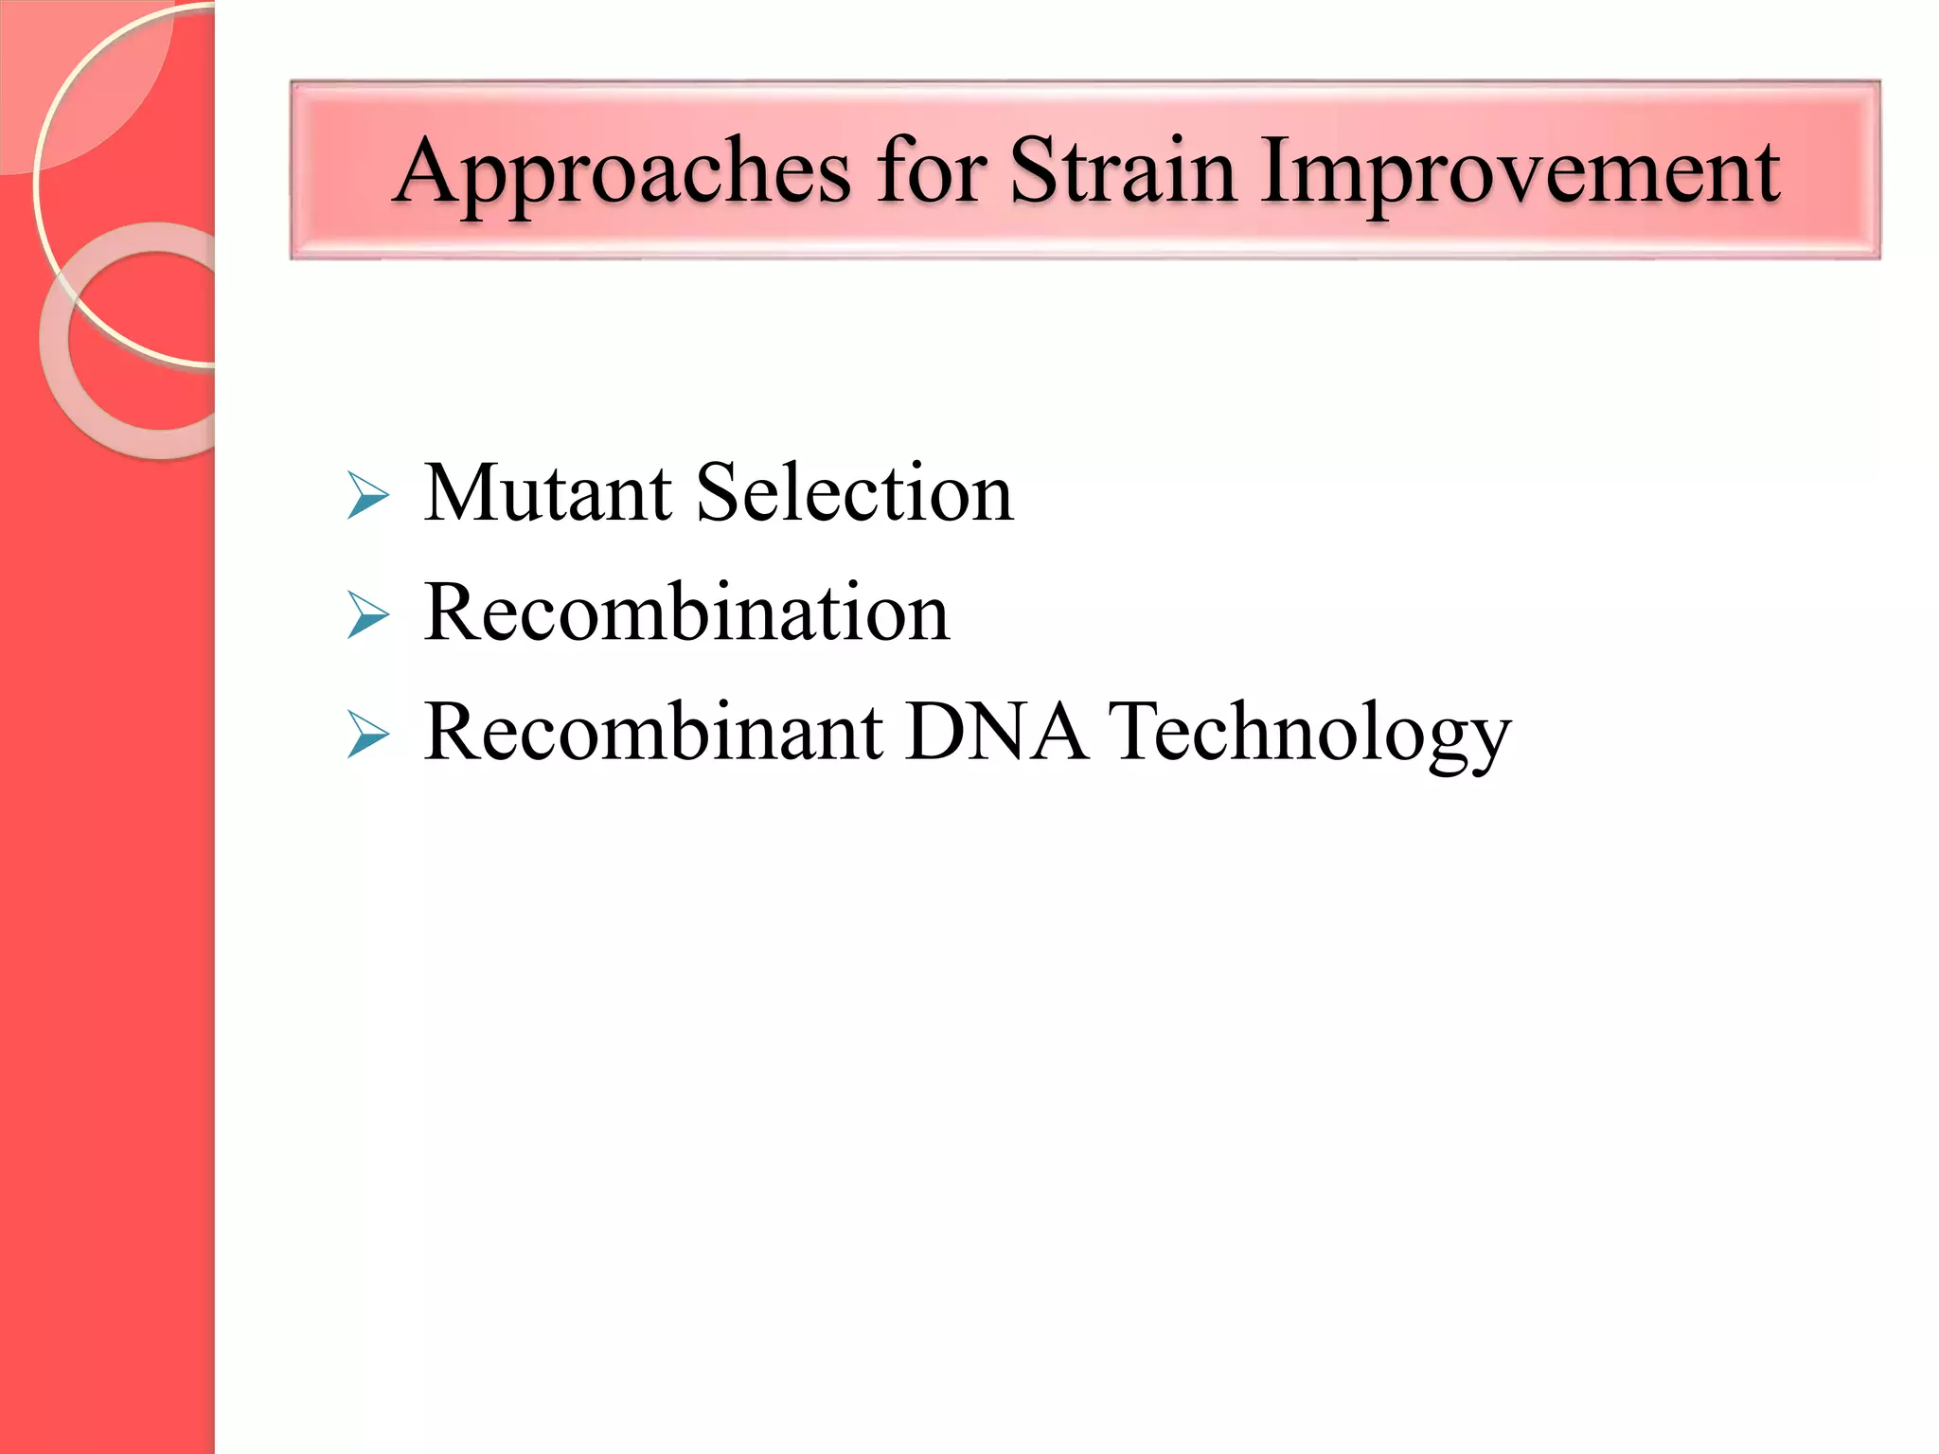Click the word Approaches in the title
tap(621, 173)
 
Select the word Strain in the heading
tap(1122, 171)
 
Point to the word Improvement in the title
tap(1520, 173)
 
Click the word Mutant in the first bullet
tap(547, 493)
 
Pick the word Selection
tap(854, 493)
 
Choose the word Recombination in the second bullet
tap(686, 613)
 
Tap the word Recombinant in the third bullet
tap(653, 732)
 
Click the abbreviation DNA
tap(995, 732)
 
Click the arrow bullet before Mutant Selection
tap(367, 495)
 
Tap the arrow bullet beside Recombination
tap(367, 615)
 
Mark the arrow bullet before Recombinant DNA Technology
tap(367, 734)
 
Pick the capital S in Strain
tap(1031, 171)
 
